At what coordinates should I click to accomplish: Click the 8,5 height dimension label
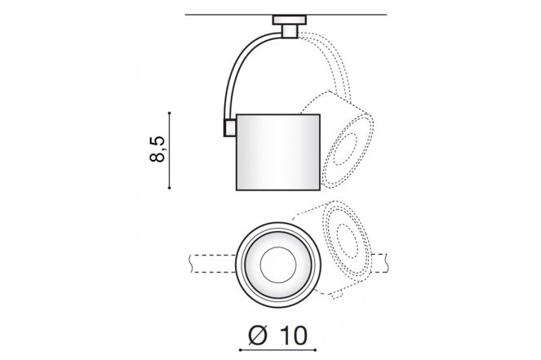157,149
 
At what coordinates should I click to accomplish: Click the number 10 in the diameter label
293,336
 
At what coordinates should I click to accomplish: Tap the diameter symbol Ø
258,336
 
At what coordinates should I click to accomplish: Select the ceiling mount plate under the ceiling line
289,20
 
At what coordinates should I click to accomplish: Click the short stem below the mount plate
289,31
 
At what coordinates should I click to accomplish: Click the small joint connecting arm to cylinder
230,127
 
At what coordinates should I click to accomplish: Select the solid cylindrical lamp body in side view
278,152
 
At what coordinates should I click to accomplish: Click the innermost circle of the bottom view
278,264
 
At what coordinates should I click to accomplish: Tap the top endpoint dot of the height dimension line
169,113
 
